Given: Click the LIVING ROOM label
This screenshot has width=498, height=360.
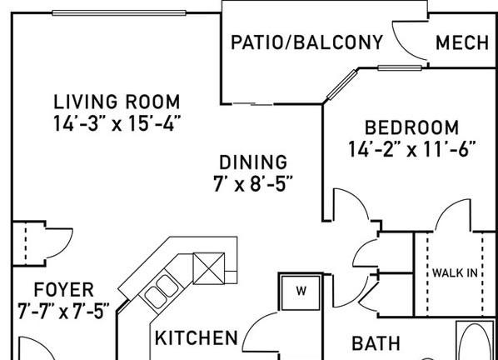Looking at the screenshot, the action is (117, 102).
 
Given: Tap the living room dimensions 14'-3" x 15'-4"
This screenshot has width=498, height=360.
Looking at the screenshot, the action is (117, 123).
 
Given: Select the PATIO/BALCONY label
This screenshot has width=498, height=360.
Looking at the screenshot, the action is (306, 42).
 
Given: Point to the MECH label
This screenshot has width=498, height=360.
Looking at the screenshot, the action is (462, 42).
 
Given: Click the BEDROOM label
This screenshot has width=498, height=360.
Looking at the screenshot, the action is (411, 127).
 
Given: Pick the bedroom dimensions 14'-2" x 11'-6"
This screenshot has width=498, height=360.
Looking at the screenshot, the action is (412, 149).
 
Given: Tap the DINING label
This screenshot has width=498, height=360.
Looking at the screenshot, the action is (253, 162).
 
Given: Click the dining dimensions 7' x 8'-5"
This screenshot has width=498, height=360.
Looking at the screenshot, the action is (253, 183).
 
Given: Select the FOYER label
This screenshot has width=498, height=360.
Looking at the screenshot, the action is (63, 290).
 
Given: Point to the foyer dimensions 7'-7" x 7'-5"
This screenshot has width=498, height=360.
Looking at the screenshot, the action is (63, 311).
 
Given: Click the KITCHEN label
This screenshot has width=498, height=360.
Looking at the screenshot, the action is (197, 337).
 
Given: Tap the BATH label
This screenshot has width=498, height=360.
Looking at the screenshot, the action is (376, 343).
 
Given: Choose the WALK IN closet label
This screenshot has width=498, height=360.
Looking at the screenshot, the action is (455, 273).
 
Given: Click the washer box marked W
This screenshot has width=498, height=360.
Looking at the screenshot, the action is (301, 292).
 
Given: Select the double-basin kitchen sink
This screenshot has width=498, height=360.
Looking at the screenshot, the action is (162, 292).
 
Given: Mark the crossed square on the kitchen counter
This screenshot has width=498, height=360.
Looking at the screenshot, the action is (209, 268).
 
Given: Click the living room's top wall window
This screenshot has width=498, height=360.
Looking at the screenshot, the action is (119, 13).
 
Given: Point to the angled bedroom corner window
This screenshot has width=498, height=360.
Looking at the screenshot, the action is (342, 84).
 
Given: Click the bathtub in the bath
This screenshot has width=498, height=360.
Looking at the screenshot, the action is (476, 341).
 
